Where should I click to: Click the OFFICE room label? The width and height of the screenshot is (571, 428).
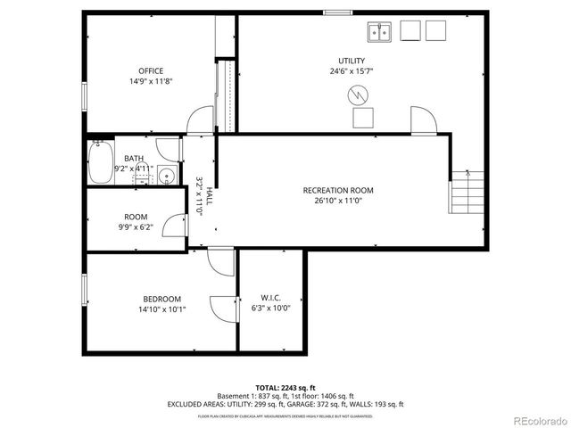[x=150, y=70]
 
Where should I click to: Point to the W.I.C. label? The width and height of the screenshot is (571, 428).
[x=271, y=298]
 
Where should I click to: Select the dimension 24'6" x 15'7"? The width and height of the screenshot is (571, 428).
[x=351, y=71]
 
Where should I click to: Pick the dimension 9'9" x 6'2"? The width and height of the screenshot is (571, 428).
[x=136, y=226]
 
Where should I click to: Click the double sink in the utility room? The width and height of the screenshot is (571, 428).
[x=380, y=32]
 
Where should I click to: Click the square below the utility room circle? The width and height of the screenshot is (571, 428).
[x=363, y=119]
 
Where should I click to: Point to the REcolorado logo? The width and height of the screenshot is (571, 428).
[x=538, y=420]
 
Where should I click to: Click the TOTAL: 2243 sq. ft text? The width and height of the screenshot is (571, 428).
[x=285, y=387]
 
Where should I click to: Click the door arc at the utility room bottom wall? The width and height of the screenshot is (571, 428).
[x=420, y=120]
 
